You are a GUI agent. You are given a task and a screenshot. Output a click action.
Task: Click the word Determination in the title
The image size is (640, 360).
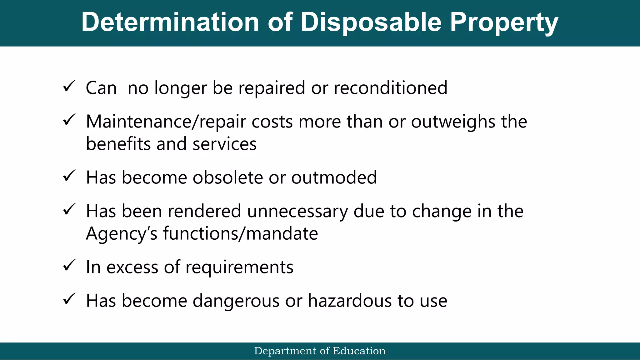170,22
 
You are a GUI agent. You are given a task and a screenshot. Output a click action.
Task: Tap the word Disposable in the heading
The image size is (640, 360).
371,22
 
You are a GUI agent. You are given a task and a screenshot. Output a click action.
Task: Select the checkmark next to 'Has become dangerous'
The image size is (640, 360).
69,299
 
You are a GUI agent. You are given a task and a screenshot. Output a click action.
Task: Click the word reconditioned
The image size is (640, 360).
390,88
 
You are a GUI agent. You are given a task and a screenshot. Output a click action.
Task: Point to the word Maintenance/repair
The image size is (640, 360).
166,122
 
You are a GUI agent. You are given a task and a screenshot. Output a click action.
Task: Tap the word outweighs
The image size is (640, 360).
453,122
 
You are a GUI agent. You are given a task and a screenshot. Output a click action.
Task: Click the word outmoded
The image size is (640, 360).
334,177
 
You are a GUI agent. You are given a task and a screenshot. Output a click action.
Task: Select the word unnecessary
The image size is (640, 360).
297,211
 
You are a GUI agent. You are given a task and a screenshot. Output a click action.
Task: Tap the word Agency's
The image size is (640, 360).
122,234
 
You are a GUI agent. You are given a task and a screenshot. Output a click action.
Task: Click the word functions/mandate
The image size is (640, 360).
240,234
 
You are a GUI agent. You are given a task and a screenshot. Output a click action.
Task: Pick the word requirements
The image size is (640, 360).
239,268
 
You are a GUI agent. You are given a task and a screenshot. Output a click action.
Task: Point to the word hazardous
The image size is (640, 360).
350,301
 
